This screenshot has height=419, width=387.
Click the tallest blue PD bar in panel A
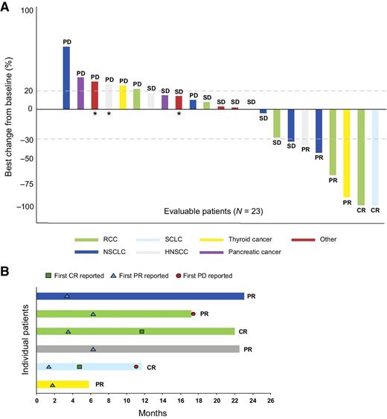66,78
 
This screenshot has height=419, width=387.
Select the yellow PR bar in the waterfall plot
347,153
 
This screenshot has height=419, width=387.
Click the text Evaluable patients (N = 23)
213,211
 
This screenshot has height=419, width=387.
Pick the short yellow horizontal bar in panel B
63,384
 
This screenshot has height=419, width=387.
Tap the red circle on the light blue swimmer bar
136,366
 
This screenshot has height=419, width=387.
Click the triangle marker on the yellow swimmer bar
52,384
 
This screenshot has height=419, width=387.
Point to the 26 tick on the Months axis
270,399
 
